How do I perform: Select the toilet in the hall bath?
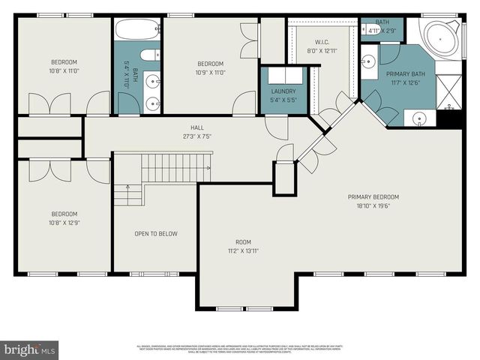[149, 55]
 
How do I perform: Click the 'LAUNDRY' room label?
[283, 91]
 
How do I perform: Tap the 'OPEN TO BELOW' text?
[156, 234]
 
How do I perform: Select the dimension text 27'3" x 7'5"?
[196, 136]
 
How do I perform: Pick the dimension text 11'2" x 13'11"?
[242, 251]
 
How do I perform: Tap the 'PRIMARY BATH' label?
[405, 74]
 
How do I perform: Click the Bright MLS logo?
[30, 349]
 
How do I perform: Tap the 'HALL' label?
[196, 127]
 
